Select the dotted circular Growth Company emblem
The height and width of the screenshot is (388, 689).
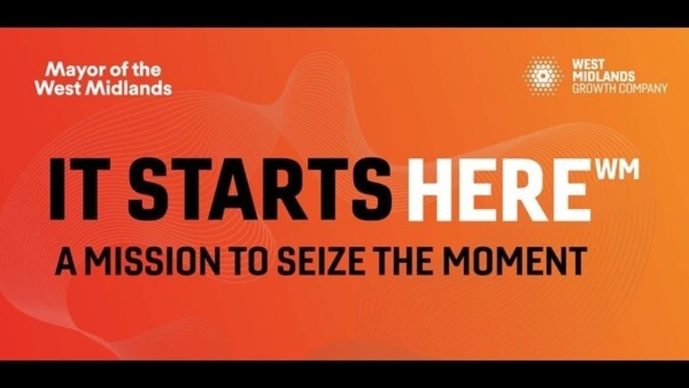tap(542, 75)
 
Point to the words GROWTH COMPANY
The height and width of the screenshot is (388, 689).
tap(619, 88)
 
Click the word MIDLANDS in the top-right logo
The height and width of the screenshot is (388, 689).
tap(604, 76)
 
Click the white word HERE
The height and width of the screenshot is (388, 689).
tap(499, 190)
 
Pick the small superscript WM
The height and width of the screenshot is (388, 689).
tap(618, 170)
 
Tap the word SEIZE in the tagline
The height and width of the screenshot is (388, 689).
tap(320, 261)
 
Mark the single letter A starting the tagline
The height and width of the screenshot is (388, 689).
tap(67, 261)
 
